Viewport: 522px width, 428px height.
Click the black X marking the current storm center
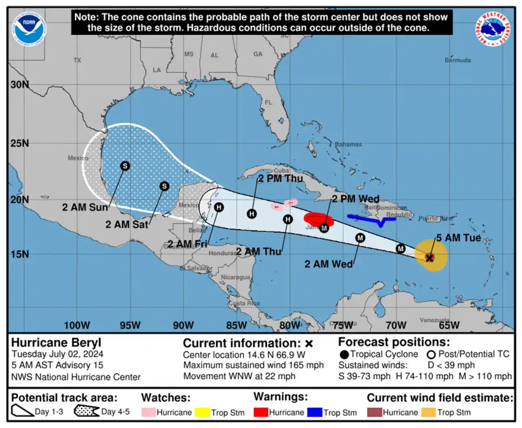[429, 258]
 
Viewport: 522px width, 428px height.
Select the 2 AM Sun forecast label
[84, 207]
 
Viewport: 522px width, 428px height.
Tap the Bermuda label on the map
[458, 60]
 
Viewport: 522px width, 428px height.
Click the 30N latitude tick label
[20, 84]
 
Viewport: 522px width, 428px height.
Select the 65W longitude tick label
[449, 325]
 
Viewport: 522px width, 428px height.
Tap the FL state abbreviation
[268, 103]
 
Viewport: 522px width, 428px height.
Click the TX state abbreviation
[77, 60]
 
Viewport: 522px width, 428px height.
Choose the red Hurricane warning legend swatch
[261, 412]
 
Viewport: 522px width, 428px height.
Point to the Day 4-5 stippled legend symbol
[87, 411]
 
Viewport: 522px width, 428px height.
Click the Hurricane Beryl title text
[56, 343]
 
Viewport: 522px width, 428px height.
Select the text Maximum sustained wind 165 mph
[253, 365]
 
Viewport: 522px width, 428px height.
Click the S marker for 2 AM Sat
[164, 186]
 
